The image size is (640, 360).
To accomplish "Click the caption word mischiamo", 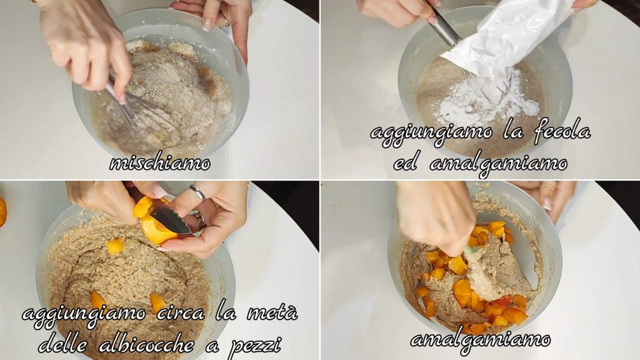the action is pos(160,163).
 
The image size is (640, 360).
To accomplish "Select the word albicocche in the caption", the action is pos(146,345).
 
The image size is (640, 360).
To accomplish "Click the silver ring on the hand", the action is pos(197,192).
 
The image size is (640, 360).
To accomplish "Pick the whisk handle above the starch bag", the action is pos(443,24).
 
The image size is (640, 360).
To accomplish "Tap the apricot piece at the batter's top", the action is pos(115,246).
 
